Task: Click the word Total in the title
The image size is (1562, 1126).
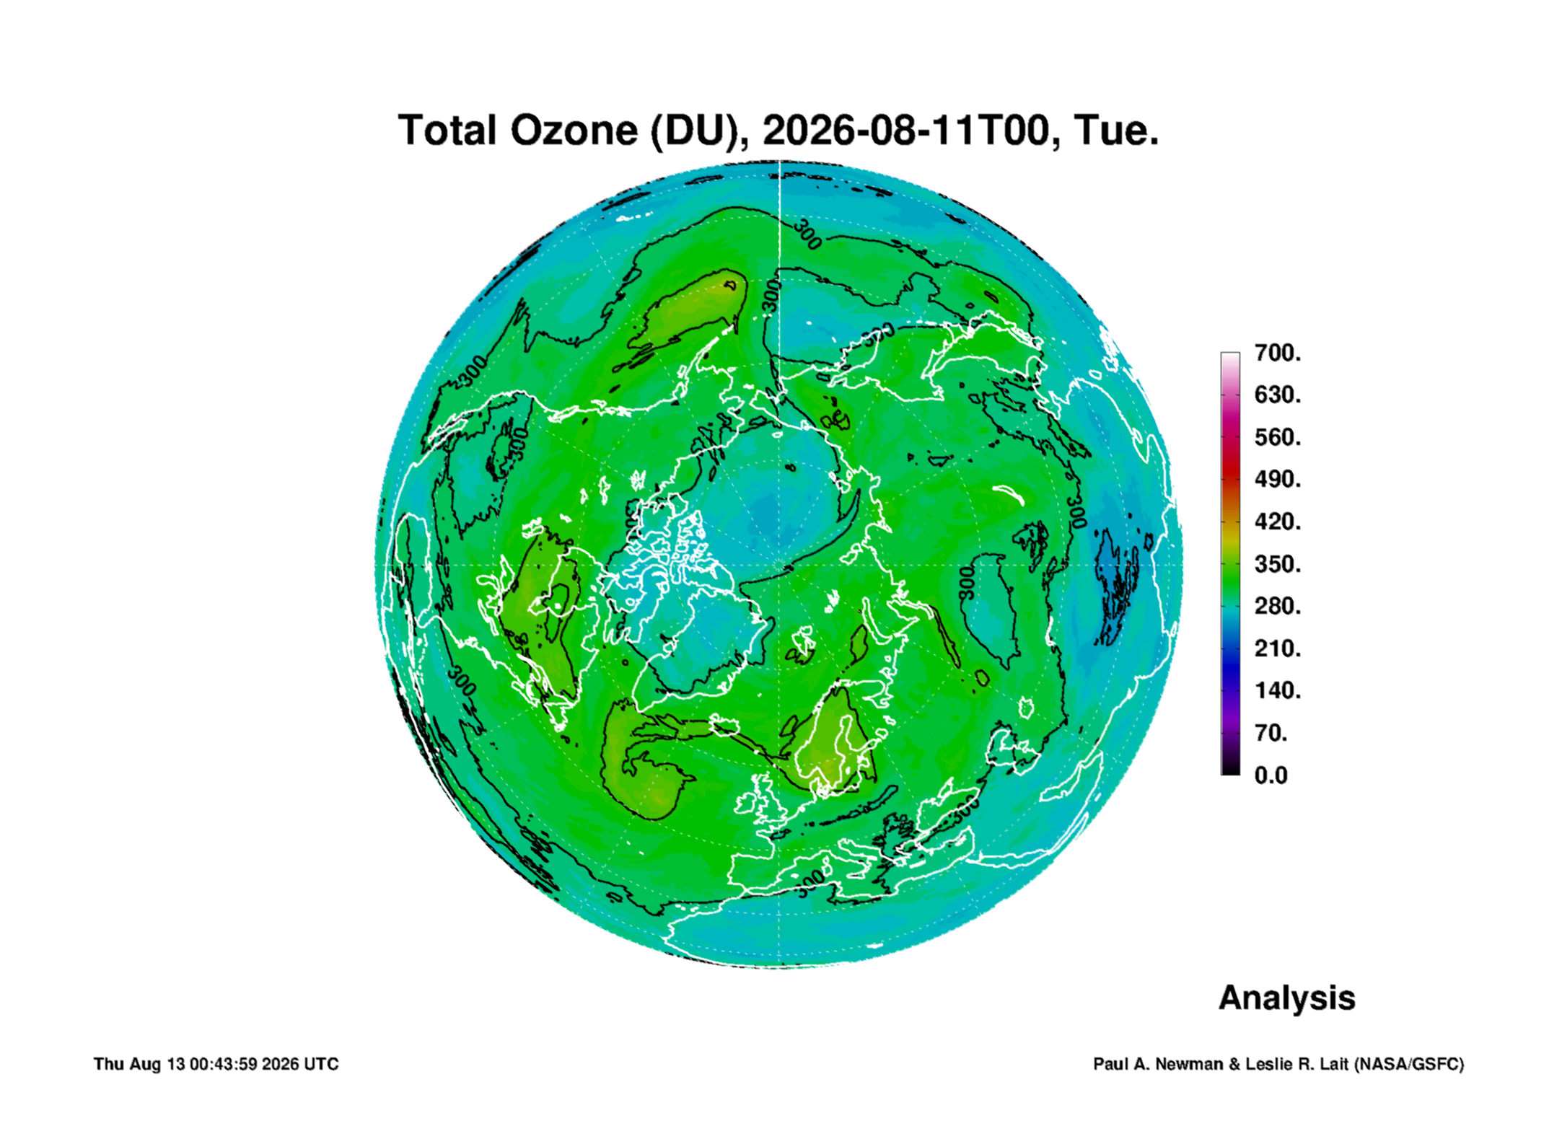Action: pyautogui.click(x=447, y=131)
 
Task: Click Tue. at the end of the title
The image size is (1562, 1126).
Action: pyautogui.click(x=1116, y=131)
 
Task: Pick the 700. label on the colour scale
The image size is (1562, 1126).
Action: pyautogui.click(x=1277, y=353)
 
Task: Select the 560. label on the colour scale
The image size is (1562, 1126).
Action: pyautogui.click(x=1277, y=437)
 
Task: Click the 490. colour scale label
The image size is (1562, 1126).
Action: pyautogui.click(x=1277, y=479)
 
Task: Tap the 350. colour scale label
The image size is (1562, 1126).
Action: pyautogui.click(x=1277, y=563)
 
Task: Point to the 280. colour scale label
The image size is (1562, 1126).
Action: pyautogui.click(x=1277, y=606)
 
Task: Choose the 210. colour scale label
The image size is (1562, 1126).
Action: pyautogui.click(x=1277, y=648)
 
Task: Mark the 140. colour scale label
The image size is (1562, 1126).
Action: pyautogui.click(x=1277, y=690)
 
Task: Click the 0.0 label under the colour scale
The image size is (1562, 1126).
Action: pyautogui.click(x=1271, y=775)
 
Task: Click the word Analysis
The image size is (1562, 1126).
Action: pyautogui.click(x=1287, y=998)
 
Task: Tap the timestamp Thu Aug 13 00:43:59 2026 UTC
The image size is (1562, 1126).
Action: pyautogui.click(x=216, y=1064)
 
